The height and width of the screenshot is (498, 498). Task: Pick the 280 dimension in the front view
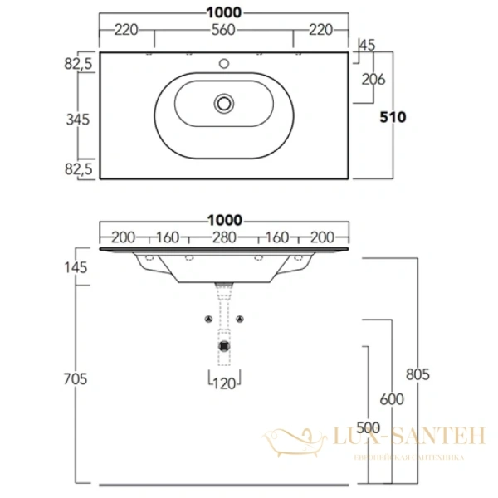coord(222,237)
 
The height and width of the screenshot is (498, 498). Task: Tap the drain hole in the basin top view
coord(222,103)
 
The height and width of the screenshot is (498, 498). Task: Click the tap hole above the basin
coord(222,62)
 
